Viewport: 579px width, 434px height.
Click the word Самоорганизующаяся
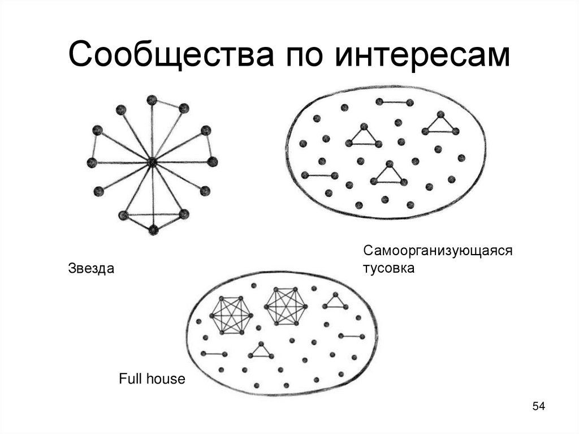tap(437, 250)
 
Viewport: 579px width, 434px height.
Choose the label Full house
tap(152, 379)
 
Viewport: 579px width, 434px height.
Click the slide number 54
tap(538, 406)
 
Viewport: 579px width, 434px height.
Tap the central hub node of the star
tap(152, 162)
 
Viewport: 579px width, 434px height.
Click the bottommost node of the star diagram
tap(153, 230)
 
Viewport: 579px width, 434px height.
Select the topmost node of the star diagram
tap(152, 100)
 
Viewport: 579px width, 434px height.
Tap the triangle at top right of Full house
tap(335, 302)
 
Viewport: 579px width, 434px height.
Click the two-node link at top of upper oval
tap(394, 102)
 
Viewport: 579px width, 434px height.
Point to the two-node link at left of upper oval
tap(319, 175)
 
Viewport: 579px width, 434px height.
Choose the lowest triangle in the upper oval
tap(388, 174)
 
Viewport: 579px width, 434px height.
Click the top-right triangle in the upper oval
tap(440, 124)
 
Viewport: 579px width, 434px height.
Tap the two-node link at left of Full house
tap(214, 354)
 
